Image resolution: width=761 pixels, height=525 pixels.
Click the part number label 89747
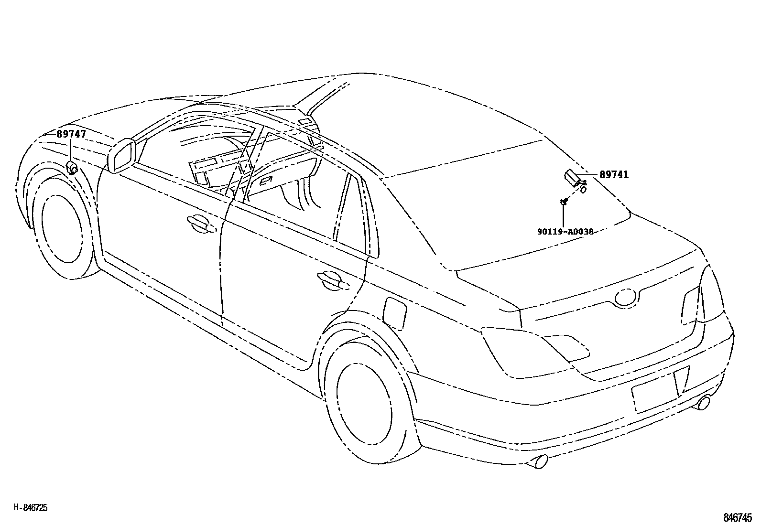pos(71,134)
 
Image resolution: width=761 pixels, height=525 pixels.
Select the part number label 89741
pos(614,175)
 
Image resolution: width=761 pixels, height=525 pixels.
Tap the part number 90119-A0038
pos(565,232)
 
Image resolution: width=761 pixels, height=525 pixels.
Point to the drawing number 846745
pos(738,517)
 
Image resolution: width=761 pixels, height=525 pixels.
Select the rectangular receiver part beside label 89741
pos(572,177)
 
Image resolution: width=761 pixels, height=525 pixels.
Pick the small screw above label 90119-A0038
pos(564,202)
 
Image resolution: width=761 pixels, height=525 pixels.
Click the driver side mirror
pos(122,155)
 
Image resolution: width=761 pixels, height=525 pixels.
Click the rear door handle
pos(332,280)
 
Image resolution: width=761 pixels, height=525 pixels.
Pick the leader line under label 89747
pos(71,150)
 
